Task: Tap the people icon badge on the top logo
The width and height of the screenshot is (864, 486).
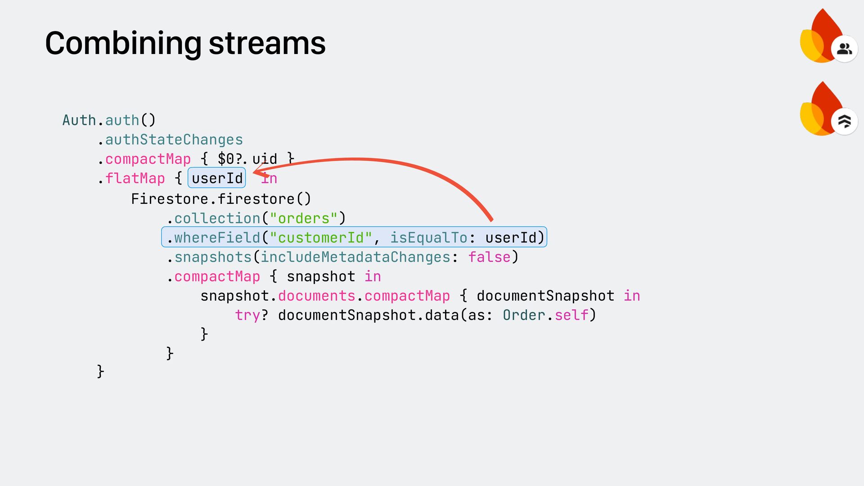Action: pos(844,49)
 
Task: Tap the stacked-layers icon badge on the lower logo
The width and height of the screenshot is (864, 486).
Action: pos(844,121)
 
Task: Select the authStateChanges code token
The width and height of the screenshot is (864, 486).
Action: pos(174,140)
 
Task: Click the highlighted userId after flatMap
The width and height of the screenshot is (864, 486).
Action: pos(217,178)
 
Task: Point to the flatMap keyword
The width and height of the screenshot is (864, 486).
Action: pos(135,178)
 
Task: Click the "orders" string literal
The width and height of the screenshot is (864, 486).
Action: pos(303,218)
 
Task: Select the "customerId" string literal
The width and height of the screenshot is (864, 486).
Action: pos(321,238)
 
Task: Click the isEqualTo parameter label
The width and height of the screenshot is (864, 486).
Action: pos(428,238)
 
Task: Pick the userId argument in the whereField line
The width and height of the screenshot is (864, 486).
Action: pos(511,238)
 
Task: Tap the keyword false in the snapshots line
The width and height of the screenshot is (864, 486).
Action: pos(489,257)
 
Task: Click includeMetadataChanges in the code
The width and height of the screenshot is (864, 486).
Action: pos(355,257)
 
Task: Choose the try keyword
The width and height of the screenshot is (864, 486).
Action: pos(247,315)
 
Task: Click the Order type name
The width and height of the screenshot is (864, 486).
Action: pos(524,315)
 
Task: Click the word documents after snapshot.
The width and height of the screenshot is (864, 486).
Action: pos(317,296)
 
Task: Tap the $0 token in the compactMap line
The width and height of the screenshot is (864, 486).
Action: pos(226,159)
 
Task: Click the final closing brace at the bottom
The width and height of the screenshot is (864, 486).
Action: pos(101,371)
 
